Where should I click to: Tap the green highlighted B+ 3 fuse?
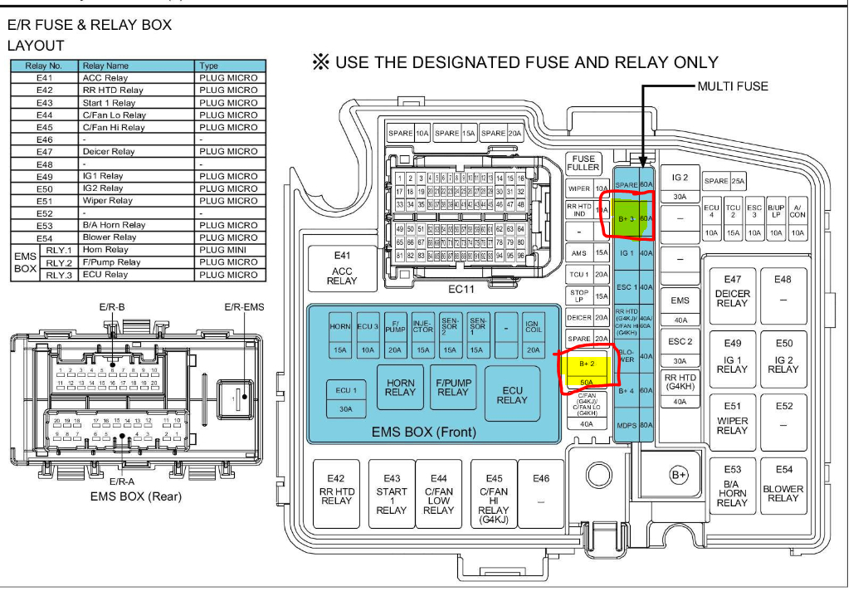[x=627, y=217]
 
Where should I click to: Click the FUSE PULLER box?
[x=583, y=163]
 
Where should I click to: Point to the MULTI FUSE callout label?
[x=733, y=86]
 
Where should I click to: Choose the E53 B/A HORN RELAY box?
[x=732, y=486]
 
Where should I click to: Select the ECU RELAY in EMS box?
[x=512, y=394]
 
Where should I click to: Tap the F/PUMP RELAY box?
[x=453, y=387]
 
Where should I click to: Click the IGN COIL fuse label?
[x=533, y=325]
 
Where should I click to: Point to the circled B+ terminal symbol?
[x=679, y=475]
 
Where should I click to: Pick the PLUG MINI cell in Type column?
[x=228, y=250]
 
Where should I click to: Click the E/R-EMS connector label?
[x=244, y=306]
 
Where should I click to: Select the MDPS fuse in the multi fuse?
[x=627, y=426]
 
